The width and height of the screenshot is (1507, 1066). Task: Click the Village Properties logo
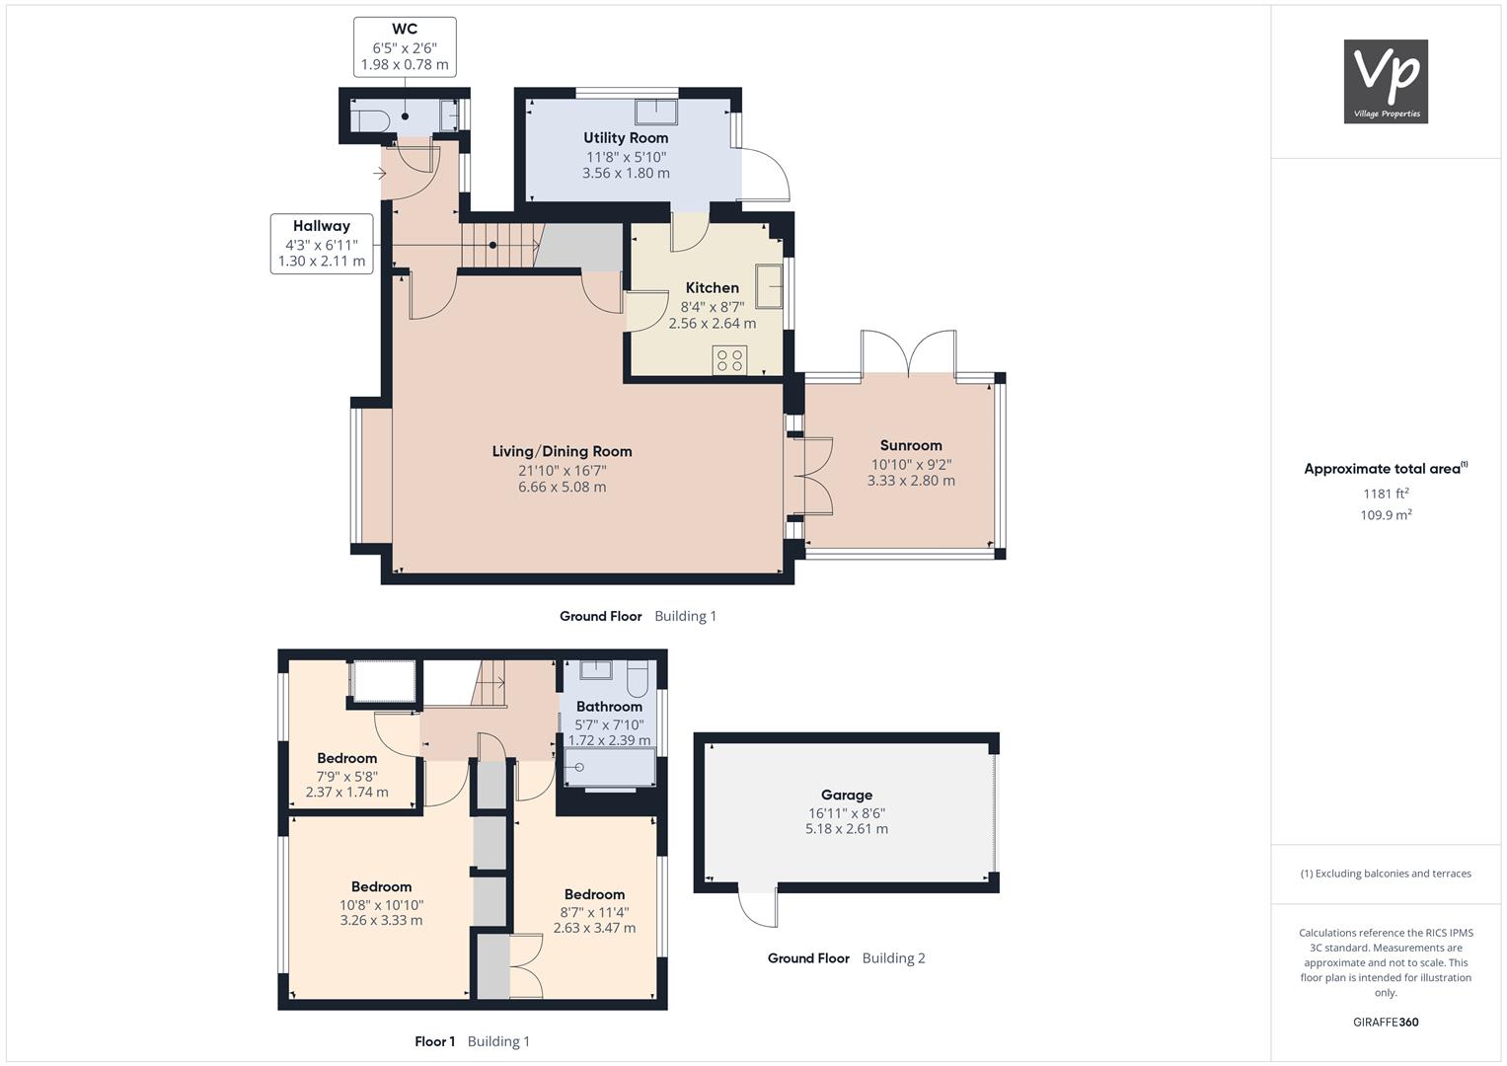point(1386,81)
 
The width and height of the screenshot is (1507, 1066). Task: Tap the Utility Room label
point(626,138)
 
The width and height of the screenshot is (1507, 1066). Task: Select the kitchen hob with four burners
point(730,358)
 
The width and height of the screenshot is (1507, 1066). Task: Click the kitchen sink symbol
point(769,286)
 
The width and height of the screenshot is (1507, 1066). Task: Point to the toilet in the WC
point(370,121)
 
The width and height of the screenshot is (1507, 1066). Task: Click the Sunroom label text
point(911,445)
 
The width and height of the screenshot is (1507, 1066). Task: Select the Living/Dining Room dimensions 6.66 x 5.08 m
point(562,488)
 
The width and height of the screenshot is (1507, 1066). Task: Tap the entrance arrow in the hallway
point(380,174)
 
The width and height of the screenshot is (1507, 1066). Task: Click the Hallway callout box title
point(322,226)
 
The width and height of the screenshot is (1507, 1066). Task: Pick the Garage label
point(847,795)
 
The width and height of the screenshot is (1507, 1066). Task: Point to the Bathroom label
point(609,707)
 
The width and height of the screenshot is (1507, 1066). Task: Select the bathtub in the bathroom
point(610,768)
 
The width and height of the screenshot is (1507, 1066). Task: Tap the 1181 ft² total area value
point(1386,494)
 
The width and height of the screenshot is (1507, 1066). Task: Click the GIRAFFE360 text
point(1386,1023)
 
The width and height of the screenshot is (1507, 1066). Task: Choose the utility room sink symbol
point(656,113)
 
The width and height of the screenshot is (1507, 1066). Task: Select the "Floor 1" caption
point(434,1041)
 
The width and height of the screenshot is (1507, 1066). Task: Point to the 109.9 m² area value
point(1386,515)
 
